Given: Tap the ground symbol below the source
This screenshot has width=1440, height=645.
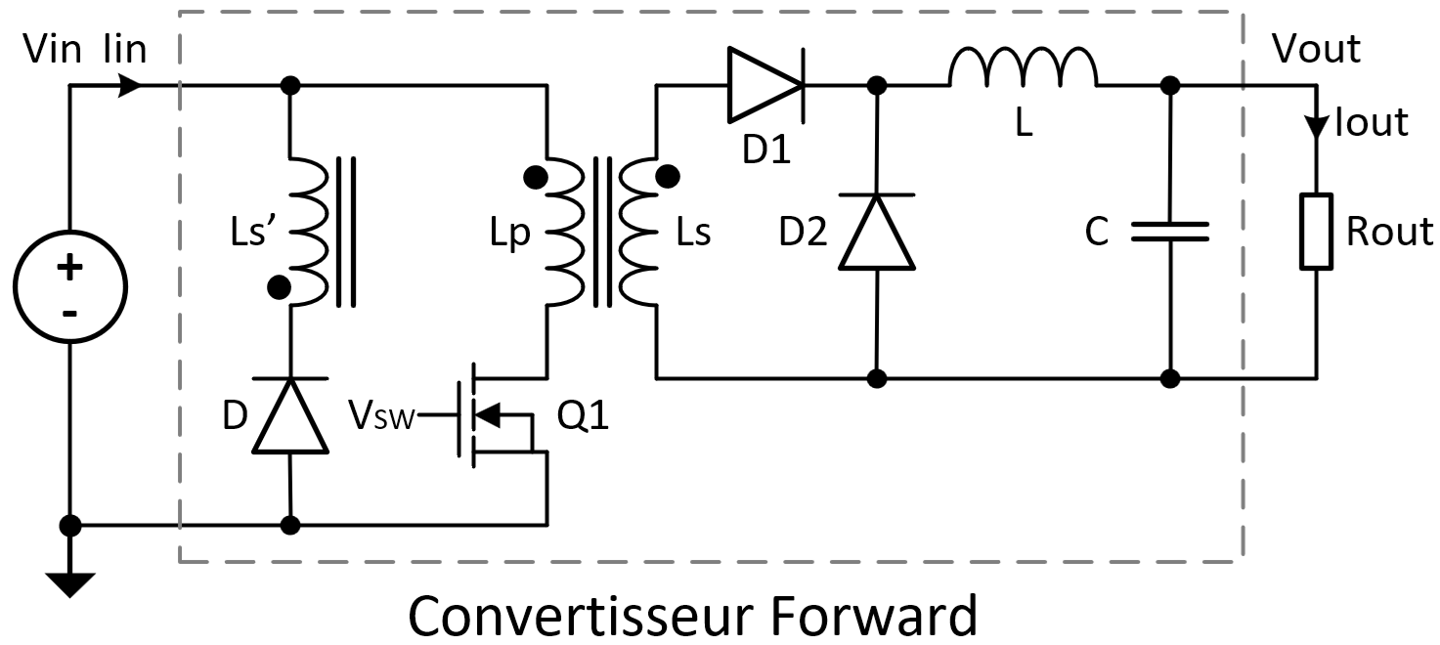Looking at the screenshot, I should [70, 582].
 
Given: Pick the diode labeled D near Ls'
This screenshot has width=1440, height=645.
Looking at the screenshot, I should [290, 416].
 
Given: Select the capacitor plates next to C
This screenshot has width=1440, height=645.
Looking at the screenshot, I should [1170, 232].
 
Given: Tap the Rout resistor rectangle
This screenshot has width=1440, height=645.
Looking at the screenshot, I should [1315, 231].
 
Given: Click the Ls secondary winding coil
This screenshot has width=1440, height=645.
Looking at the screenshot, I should [645, 232].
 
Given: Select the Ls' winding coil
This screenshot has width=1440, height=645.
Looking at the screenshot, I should [307, 232].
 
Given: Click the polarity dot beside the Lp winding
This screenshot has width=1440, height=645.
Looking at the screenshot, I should [535, 178].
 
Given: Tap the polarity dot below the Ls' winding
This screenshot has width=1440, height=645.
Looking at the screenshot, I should [279, 286].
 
